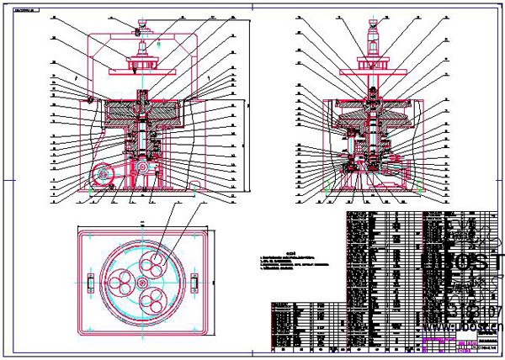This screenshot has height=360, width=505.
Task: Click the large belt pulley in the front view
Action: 105,174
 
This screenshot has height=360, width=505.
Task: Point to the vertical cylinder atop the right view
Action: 371,38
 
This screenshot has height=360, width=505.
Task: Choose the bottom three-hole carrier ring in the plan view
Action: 153,299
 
